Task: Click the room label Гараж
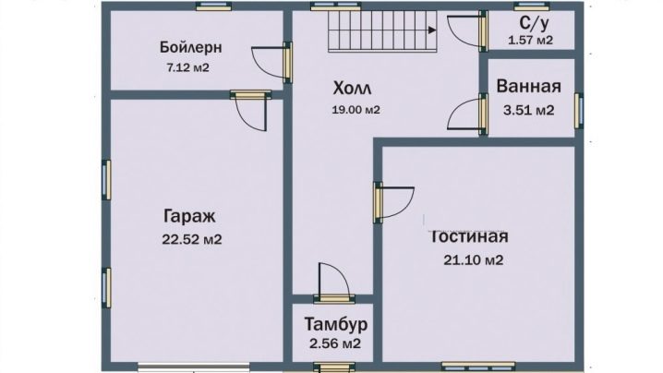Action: (189, 217)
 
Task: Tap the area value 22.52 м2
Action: (191, 239)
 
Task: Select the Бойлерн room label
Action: (190, 47)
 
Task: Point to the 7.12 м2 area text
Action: (188, 67)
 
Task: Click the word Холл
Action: (352, 89)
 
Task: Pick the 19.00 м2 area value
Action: (356, 110)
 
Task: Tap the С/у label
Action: (535, 24)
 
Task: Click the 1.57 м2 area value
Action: (530, 41)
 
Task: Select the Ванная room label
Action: (528, 86)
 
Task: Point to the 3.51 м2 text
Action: (528, 111)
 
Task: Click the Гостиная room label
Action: (468, 236)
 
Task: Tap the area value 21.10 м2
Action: (473, 259)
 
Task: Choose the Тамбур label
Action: (336, 324)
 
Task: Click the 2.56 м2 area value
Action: (335, 343)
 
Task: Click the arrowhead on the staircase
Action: (432, 30)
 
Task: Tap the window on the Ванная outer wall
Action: (578, 111)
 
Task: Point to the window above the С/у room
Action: (532, 6)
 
